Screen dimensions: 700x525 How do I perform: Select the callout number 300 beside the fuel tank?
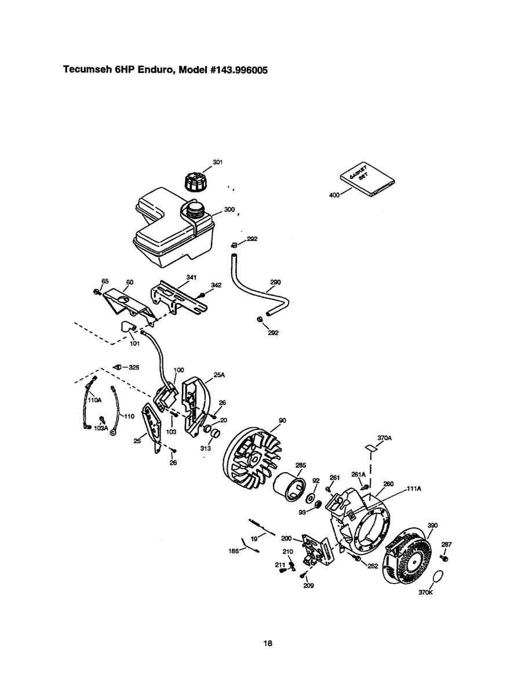click(229, 209)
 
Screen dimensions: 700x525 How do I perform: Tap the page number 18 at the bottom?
click(267, 643)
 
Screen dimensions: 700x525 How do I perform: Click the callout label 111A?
click(413, 488)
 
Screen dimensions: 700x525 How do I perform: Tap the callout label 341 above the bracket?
click(191, 277)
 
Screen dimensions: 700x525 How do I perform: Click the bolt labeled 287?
click(444, 557)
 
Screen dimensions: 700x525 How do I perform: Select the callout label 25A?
click(218, 375)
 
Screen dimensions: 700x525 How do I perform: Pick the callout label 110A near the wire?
click(94, 400)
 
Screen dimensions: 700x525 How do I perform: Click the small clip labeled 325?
click(116, 367)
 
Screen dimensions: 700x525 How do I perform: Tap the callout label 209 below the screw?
click(308, 585)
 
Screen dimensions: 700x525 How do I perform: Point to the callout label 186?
click(234, 552)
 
